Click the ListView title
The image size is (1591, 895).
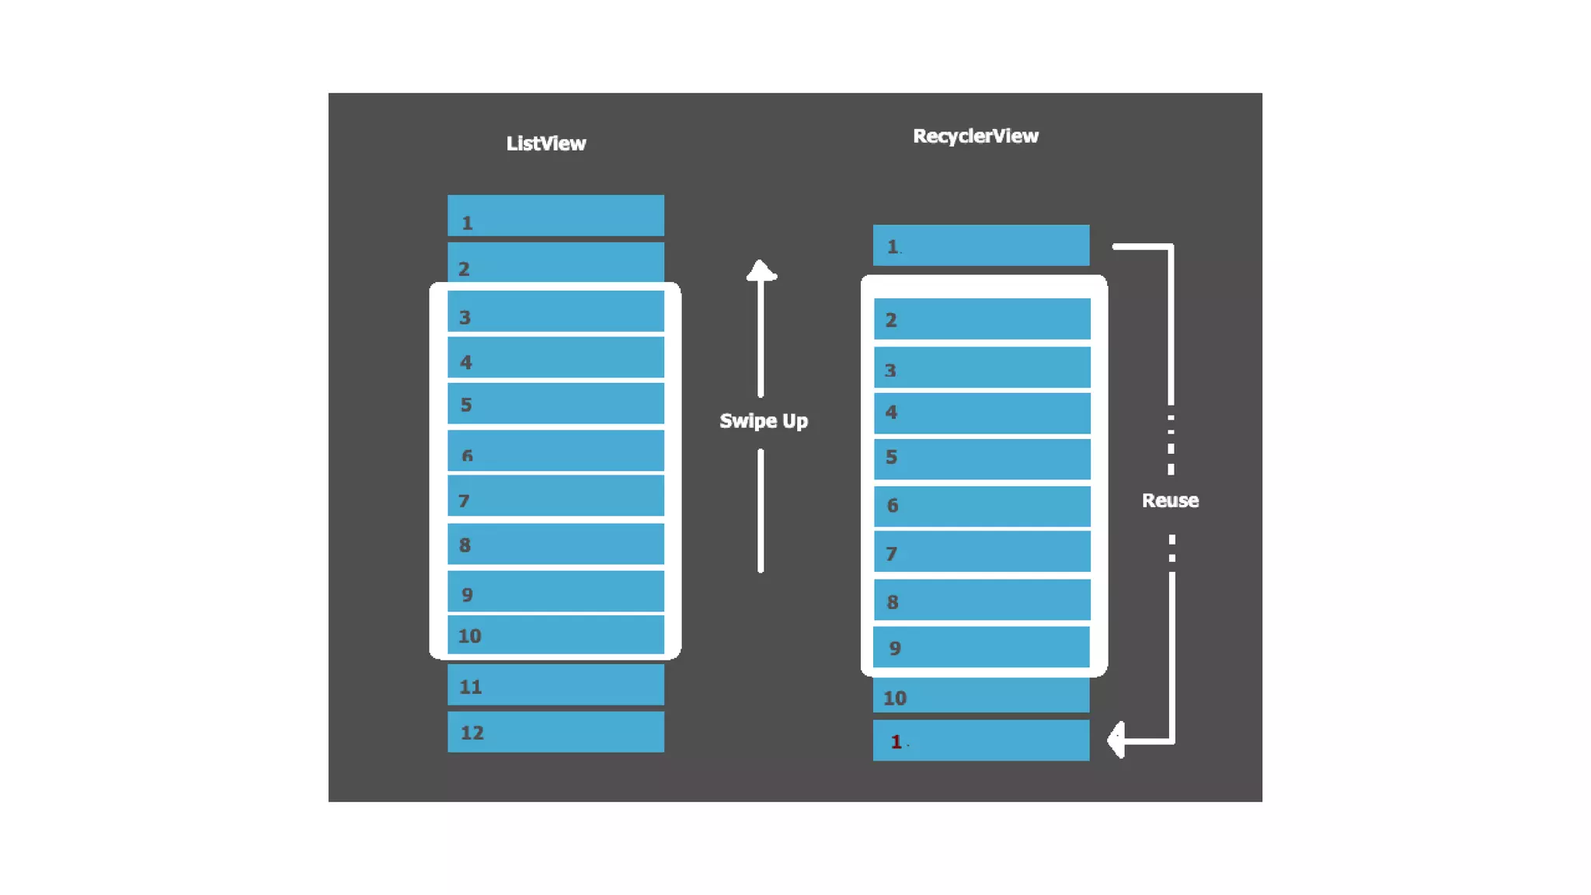546,144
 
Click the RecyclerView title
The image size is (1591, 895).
975,137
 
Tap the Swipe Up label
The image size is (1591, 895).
763,421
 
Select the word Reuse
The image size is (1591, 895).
1170,500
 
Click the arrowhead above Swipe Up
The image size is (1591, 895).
761,270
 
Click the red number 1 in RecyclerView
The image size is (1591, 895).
896,742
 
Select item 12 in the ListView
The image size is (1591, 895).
555,732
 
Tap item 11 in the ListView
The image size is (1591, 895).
555,685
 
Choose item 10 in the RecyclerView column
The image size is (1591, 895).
980,696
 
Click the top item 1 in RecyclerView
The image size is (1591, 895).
980,246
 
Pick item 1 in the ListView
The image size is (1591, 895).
555,216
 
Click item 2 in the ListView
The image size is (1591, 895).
555,263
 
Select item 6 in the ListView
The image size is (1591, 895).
555,451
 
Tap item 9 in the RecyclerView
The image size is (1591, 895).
981,647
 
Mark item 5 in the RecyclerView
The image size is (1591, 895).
981,458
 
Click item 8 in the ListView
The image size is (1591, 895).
555,544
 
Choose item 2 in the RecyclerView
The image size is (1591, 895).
981,319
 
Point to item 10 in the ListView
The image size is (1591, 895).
555,635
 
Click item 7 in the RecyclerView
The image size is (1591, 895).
981,552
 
